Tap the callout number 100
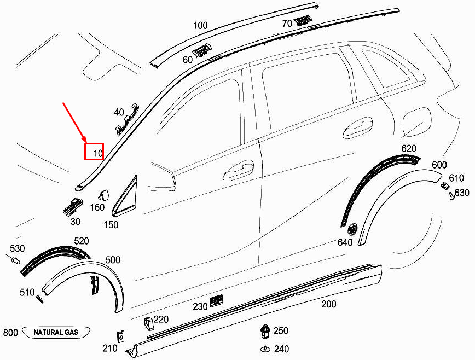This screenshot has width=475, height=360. click(x=201, y=25)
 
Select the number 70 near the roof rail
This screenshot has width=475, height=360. click(x=287, y=24)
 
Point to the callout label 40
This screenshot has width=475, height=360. click(x=119, y=112)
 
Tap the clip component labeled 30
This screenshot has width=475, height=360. click(x=72, y=206)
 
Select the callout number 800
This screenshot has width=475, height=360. click(x=11, y=333)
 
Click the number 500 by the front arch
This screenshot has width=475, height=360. click(x=113, y=260)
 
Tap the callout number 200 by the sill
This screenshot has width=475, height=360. click(x=328, y=304)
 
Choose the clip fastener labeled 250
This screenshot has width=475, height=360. click(x=265, y=330)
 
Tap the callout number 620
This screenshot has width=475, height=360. click(x=409, y=149)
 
